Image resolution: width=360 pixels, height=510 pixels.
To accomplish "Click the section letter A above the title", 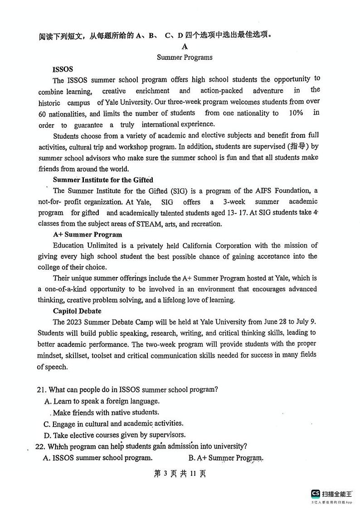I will [185, 46].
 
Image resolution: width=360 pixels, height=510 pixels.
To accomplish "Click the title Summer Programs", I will [185, 57].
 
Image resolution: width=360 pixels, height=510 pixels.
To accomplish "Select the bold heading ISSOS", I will [63, 69].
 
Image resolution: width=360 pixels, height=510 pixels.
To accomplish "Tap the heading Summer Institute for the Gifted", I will [103, 180].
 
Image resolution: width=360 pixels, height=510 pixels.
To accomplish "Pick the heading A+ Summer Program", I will [88, 234].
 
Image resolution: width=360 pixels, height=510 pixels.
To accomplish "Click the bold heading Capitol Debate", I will [77, 311].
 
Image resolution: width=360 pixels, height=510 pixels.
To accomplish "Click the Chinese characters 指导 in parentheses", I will [295, 146].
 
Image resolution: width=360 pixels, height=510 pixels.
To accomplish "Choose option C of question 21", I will [113, 424].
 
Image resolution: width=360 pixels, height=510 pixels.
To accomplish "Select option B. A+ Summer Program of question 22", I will [226, 458].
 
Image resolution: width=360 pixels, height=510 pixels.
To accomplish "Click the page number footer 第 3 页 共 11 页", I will [180, 474].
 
